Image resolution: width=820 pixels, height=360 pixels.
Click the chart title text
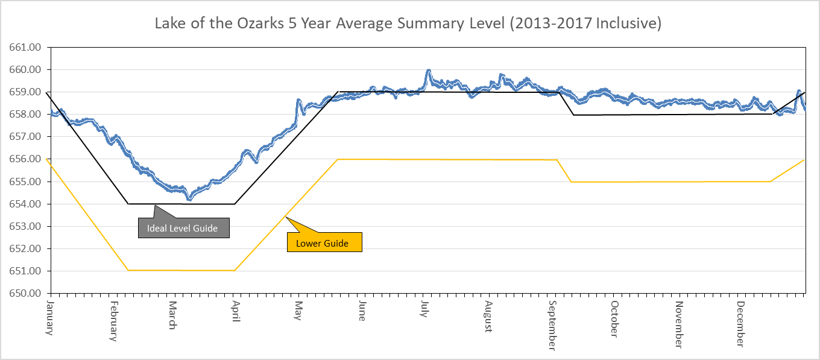click(409, 24)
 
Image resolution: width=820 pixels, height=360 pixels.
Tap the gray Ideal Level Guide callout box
click(183, 229)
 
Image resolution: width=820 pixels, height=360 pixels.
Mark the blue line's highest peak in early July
click(428, 71)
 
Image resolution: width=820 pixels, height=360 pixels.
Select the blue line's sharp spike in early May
click(298, 101)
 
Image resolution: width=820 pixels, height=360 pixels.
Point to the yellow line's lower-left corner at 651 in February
click(128, 270)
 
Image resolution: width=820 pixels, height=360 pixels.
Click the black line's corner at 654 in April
click(235, 204)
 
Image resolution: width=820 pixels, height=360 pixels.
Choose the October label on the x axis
click(614, 319)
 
